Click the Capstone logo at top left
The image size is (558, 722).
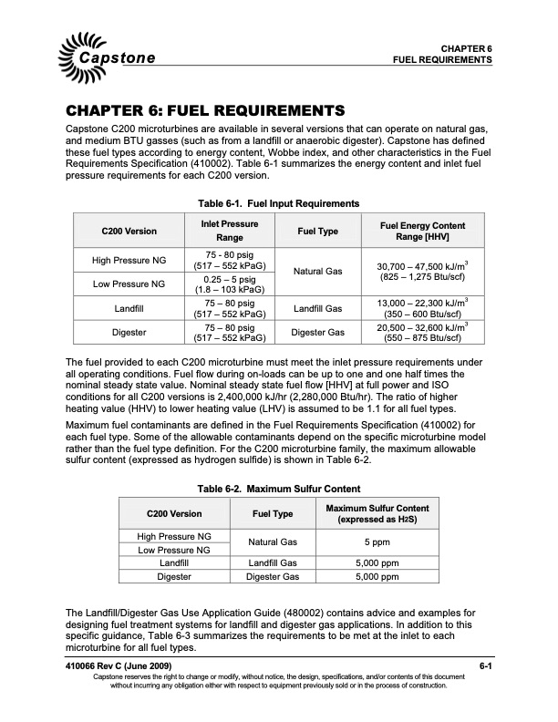click(110, 51)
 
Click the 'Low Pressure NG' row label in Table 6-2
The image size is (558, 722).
click(173, 551)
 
